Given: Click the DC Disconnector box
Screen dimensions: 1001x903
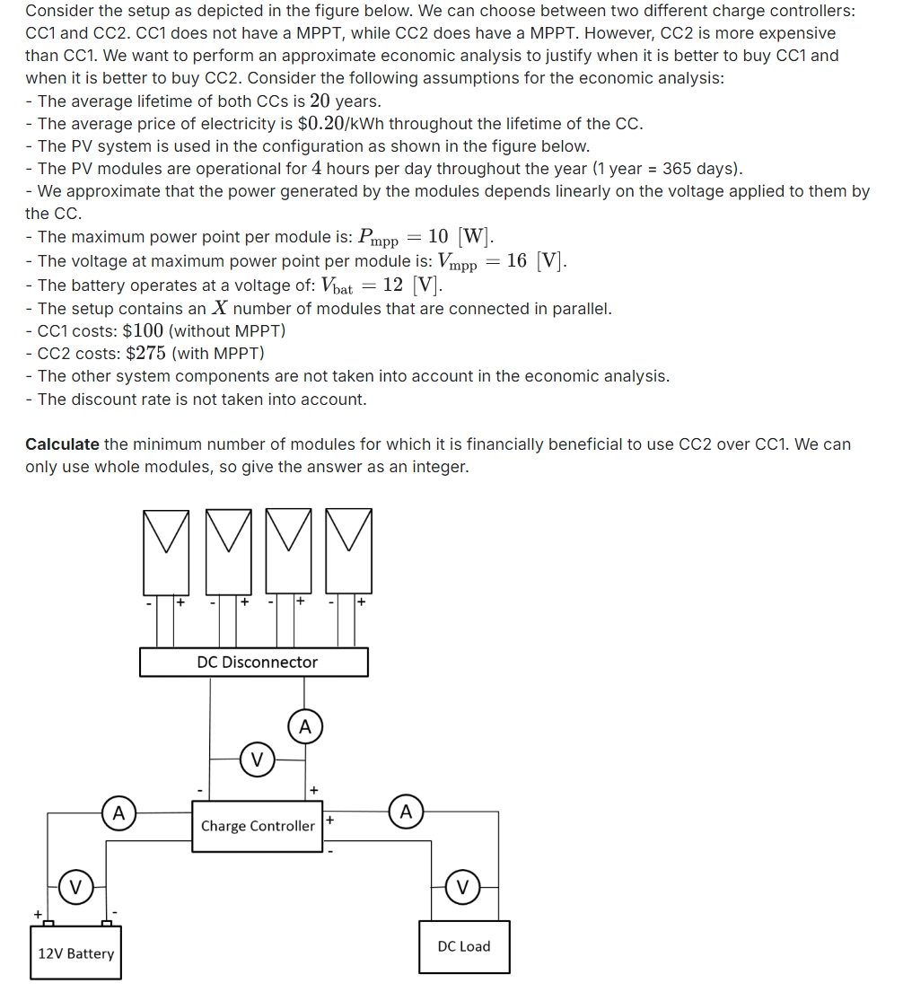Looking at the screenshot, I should tap(254, 662).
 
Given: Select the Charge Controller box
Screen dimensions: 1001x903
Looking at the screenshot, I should tap(258, 826).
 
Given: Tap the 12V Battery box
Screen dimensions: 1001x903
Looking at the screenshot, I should tap(75, 953).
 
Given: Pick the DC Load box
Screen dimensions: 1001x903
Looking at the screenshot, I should tap(464, 946).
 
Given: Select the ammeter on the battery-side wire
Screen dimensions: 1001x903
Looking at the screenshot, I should tap(118, 813).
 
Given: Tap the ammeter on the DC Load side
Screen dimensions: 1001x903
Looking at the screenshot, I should tap(406, 812).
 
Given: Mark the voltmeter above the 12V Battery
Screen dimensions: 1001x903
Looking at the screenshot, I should tap(76, 887).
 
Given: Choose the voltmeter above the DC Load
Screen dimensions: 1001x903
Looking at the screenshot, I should tap(462, 887).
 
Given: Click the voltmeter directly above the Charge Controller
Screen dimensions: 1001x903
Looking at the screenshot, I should tap(258, 760).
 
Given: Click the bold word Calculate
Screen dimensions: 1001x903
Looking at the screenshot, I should tap(62, 443).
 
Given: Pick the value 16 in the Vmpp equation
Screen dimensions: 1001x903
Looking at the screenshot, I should tap(516, 260).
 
